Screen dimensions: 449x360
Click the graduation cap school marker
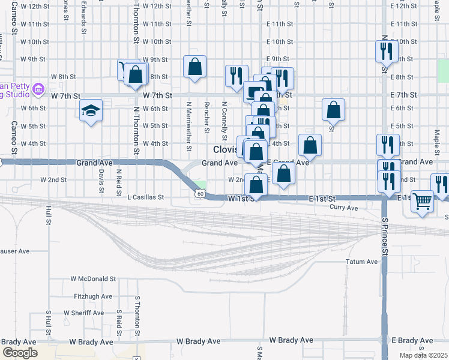tap(91, 111)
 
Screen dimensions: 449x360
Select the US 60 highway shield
tap(200, 193)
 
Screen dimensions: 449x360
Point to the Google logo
tap(20, 353)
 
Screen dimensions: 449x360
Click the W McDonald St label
tap(93, 278)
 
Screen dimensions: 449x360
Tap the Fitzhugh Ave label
tap(93, 296)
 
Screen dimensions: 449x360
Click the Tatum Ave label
tap(362, 262)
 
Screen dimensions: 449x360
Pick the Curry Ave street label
tap(344, 208)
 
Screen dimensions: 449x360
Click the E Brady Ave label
tap(411, 340)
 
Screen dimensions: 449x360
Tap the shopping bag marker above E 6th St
tap(333, 109)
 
